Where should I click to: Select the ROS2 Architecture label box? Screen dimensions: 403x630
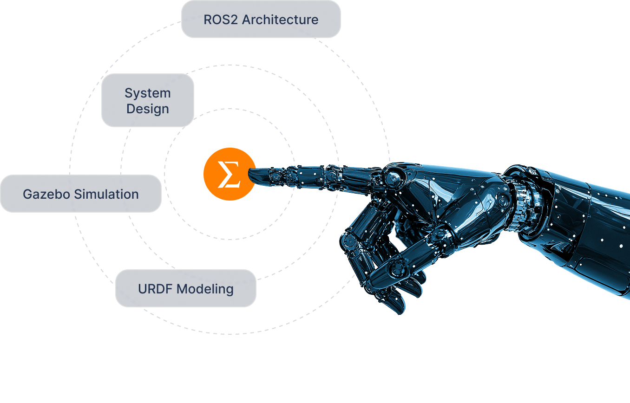tap(261, 19)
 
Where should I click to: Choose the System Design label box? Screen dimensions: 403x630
tap(147, 100)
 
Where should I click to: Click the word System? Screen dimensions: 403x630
tap(148, 93)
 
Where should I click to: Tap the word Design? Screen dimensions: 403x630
tap(148, 109)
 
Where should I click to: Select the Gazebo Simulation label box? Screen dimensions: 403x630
tap(81, 194)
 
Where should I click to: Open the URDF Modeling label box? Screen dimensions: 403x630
tap(185, 288)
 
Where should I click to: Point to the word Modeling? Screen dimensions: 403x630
tap(205, 289)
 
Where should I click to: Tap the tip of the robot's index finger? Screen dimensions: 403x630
tap(253, 175)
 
